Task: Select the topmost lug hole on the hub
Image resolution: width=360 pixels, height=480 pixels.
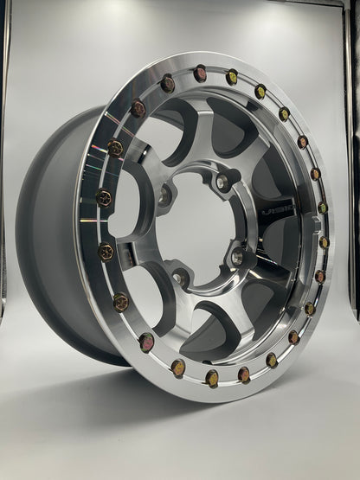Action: [x=223, y=182]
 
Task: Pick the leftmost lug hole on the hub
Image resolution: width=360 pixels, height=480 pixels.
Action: [x=164, y=197]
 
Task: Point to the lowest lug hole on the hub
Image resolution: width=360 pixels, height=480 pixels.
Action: [x=181, y=277]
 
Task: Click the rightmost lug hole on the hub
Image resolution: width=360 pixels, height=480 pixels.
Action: [x=237, y=256]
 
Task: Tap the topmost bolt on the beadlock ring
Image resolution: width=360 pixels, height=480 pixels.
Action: [x=200, y=74]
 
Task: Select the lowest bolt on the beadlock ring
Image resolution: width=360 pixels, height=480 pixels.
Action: [x=212, y=377]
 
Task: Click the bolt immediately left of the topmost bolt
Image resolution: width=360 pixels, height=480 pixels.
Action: [x=168, y=84]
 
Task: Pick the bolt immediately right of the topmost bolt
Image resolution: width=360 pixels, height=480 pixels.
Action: [x=232, y=77]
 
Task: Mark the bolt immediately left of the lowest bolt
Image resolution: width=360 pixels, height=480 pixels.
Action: [x=177, y=368]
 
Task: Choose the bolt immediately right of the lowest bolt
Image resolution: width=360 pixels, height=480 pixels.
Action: [x=245, y=374]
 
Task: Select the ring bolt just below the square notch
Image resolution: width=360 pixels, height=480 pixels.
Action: [x=324, y=243]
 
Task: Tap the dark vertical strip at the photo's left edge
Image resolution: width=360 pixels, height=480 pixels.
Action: [x=3, y=173]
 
